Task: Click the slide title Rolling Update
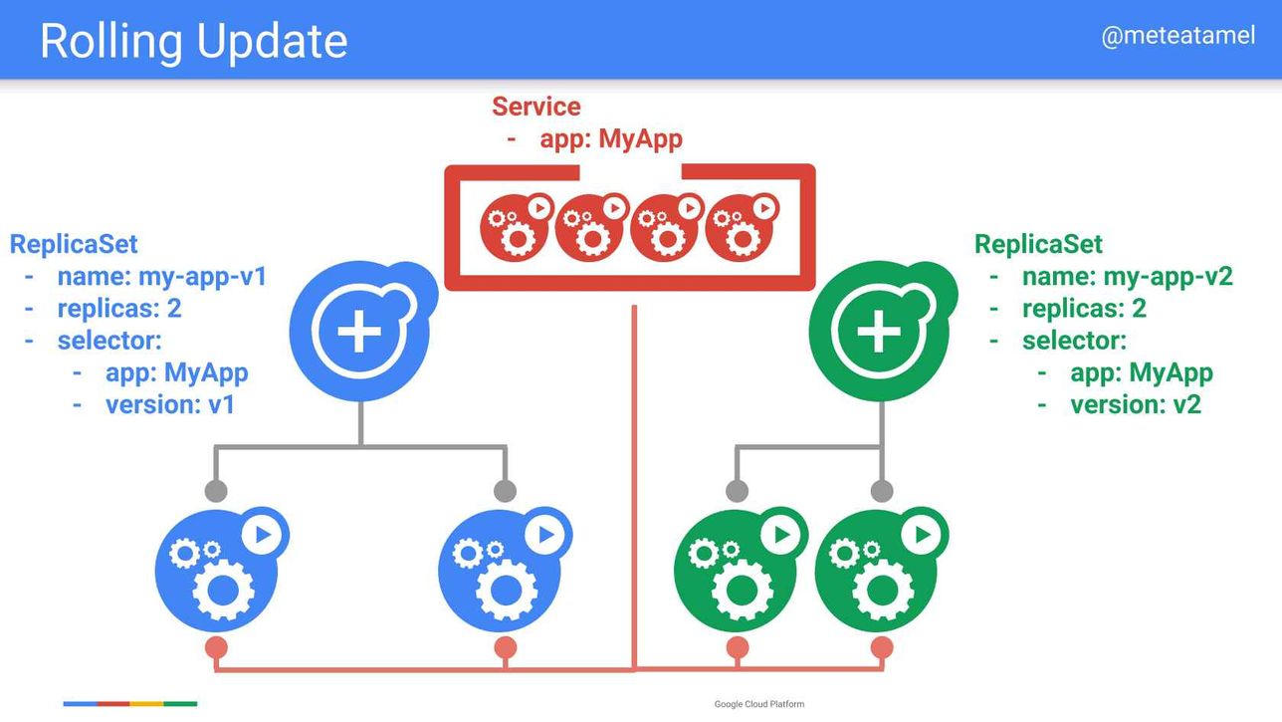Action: pos(193,41)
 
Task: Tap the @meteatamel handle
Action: pos(1177,36)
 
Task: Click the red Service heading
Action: pos(536,107)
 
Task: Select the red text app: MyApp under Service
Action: pos(611,139)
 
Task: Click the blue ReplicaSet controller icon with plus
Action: pos(362,331)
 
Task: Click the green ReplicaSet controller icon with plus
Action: pos(882,331)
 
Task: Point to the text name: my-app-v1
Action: pos(162,277)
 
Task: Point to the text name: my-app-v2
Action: pos(1128,277)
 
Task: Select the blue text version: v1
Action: pos(170,404)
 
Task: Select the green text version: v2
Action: pos(1136,404)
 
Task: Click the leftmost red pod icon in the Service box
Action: pos(517,227)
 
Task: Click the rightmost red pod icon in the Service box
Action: pos(742,227)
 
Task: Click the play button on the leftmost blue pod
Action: pos(262,535)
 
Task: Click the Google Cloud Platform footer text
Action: pos(758,704)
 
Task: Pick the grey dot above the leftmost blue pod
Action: pos(216,491)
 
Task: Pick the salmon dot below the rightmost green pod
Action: pos(882,647)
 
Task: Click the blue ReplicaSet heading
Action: pos(74,244)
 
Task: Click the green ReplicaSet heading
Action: pos(1038,244)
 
